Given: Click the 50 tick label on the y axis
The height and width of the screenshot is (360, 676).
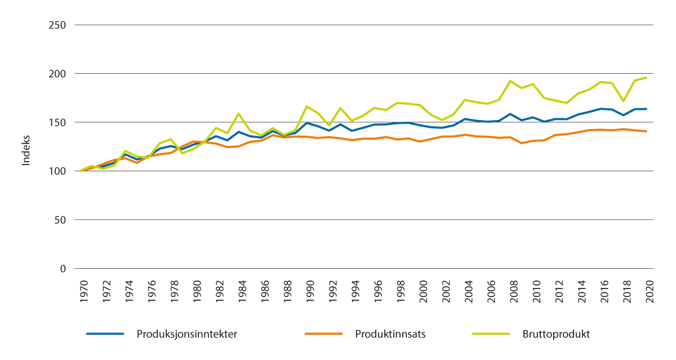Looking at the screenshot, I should tap(61, 220).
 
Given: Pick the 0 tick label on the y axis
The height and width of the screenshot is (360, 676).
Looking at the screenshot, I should tap(63, 268).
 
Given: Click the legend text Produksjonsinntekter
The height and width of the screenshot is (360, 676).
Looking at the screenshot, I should tap(186, 334).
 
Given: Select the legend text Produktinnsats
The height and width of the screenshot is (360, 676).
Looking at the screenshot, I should tap(390, 334).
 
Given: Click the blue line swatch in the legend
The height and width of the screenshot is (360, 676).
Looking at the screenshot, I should tap(105, 334).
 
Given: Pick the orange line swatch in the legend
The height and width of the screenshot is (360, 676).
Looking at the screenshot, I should tap(323, 334).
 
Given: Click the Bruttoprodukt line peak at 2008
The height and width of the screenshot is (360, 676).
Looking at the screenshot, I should tap(511, 81).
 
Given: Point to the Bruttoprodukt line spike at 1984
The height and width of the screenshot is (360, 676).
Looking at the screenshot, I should tap(239, 114).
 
